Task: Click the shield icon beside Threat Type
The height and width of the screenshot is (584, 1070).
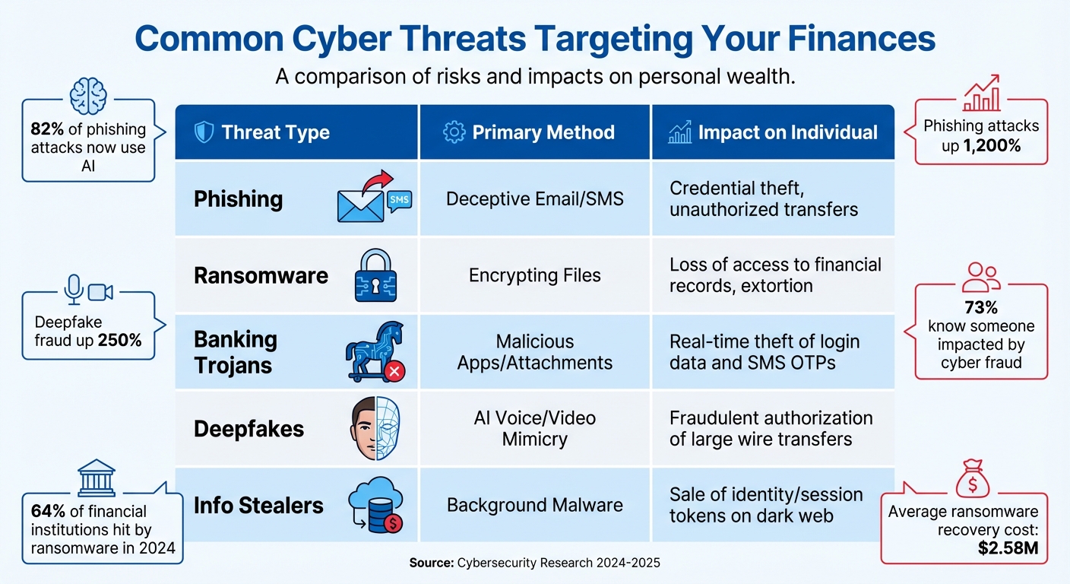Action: [x=204, y=132]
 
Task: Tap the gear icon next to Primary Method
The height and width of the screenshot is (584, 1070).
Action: [x=454, y=132]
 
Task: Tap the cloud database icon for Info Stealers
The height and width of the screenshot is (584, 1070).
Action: [x=375, y=506]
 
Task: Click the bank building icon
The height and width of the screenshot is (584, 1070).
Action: [x=97, y=478]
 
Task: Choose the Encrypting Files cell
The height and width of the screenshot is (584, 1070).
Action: [x=534, y=275]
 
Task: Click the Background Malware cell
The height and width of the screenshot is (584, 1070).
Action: [x=534, y=505]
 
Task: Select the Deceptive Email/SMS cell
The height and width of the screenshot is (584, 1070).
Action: [x=534, y=199]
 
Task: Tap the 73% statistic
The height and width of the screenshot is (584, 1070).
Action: [x=980, y=308]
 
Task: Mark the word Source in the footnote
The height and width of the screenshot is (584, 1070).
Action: [x=431, y=563]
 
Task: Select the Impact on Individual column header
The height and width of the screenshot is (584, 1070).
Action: [x=787, y=132]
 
